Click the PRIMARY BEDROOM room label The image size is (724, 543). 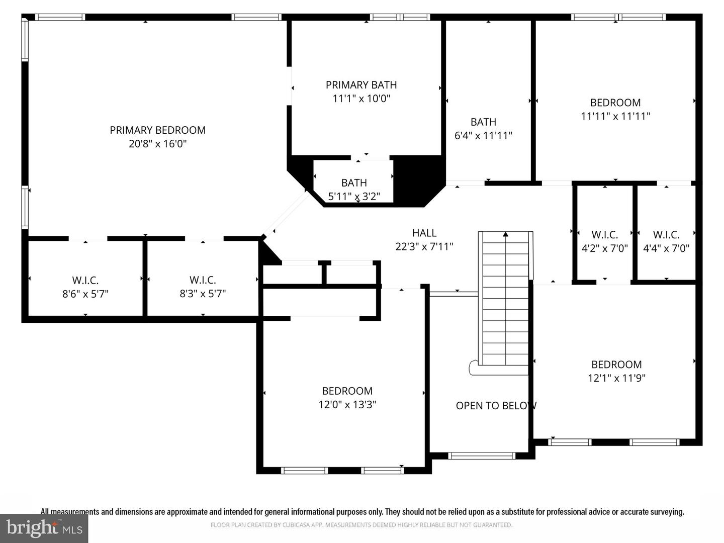(158, 130)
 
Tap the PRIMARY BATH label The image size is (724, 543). (361, 85)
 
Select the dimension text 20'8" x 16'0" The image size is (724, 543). (158, 144)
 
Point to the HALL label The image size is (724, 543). (424, 233)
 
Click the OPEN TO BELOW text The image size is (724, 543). (496, 406)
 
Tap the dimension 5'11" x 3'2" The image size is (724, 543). (354, 197)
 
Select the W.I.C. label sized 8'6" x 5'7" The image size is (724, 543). (85, 281)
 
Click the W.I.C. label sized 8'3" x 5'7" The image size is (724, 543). (203, 280)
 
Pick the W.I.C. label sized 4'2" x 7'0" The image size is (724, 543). (605, 235)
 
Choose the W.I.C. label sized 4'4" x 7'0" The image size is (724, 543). (666, 235)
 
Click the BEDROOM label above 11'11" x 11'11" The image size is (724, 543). (615, 103)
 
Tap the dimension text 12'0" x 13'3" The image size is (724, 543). (347, 405)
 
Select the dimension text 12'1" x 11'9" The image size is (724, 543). (616, 378)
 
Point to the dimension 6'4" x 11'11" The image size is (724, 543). (483, 136)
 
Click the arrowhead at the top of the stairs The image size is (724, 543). (506, 234)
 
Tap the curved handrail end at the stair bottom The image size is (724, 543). (473, 367)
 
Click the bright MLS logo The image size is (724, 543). (44, 528)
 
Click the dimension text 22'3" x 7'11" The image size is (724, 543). (424, 246)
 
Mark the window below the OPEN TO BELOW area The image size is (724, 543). (482, 456)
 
